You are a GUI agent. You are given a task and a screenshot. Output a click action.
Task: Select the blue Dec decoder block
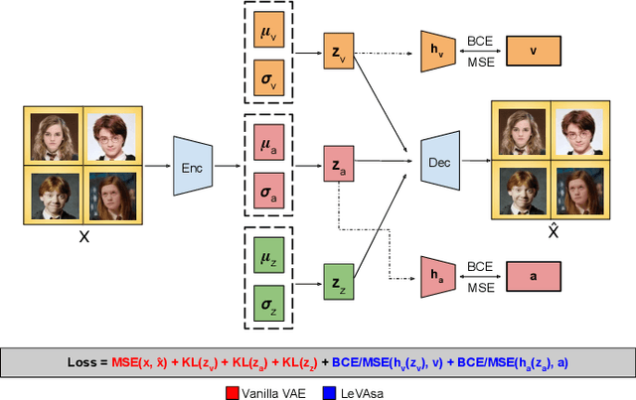(440, 161)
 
